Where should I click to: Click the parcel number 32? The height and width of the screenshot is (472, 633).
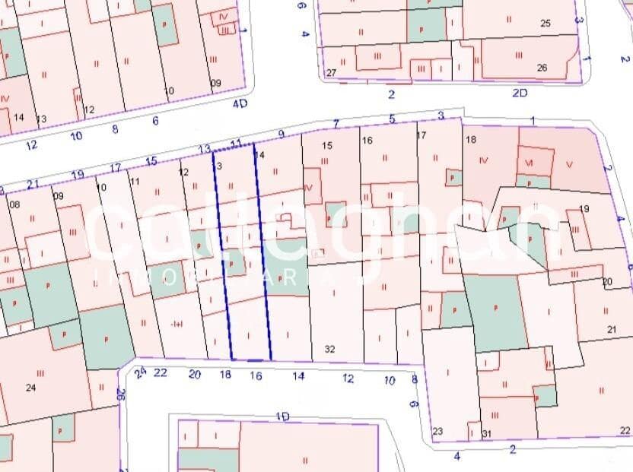tap(329, 350)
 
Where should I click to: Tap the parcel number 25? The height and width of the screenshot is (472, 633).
tap(545, 24)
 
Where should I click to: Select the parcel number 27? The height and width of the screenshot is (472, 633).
tap(331, 73)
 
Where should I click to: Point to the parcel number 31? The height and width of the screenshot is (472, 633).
tap(487, 434)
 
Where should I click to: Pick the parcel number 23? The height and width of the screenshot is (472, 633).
tap(437, 432)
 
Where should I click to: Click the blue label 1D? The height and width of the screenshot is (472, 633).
tap(283, 417)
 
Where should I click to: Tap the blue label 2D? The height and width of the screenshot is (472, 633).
tap(520, 93)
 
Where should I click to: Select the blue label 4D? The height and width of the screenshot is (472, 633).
tap(240, 103)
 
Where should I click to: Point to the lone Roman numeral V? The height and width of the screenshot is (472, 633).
tap(570, 163)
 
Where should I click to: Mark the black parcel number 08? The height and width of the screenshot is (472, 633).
tap(14, 204)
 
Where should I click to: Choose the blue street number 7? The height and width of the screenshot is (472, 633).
tap(335, 123)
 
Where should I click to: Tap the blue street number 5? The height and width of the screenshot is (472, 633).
tap(392, 119)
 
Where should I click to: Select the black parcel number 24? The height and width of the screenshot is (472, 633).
tap(30, 388)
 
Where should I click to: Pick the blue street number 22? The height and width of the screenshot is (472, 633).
tap(161, 372)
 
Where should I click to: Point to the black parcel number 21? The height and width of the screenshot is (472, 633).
tap(612, 329)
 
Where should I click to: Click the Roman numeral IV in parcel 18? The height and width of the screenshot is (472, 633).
tap(484, 161)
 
